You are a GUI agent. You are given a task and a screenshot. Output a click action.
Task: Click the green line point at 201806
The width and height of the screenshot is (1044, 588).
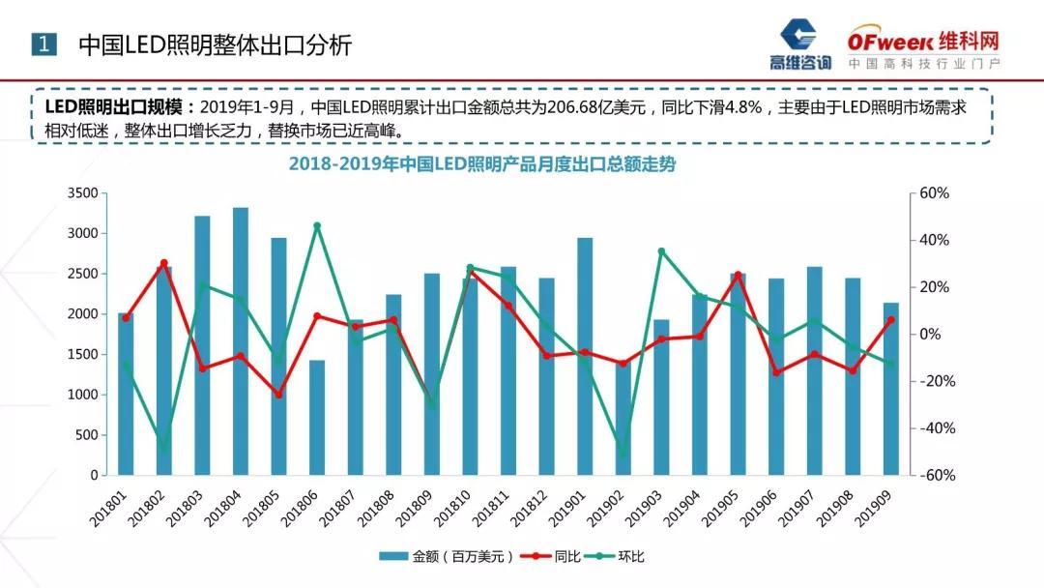click(x=317, y=225)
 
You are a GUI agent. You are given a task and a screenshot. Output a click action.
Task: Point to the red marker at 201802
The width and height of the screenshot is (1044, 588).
click(x=163, y=263)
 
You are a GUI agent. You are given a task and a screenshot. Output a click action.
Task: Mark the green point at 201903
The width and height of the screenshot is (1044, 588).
click(x=662, y=251)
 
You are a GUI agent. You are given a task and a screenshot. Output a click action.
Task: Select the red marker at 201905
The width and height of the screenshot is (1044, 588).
click(x=738, y=275)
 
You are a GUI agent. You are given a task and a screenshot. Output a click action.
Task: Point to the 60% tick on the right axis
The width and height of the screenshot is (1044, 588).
click(x=934, y=193)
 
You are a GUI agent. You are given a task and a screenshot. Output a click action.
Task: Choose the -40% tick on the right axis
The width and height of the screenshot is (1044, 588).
click(x=934, y=428)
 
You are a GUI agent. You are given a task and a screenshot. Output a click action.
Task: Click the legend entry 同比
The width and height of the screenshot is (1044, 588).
click(x=551, y=556)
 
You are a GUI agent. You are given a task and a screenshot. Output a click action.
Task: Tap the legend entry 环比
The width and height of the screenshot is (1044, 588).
click(x=621, y=556)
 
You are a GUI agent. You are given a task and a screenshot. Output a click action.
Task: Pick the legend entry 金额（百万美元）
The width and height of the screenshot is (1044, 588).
click(x=445, y=556)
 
